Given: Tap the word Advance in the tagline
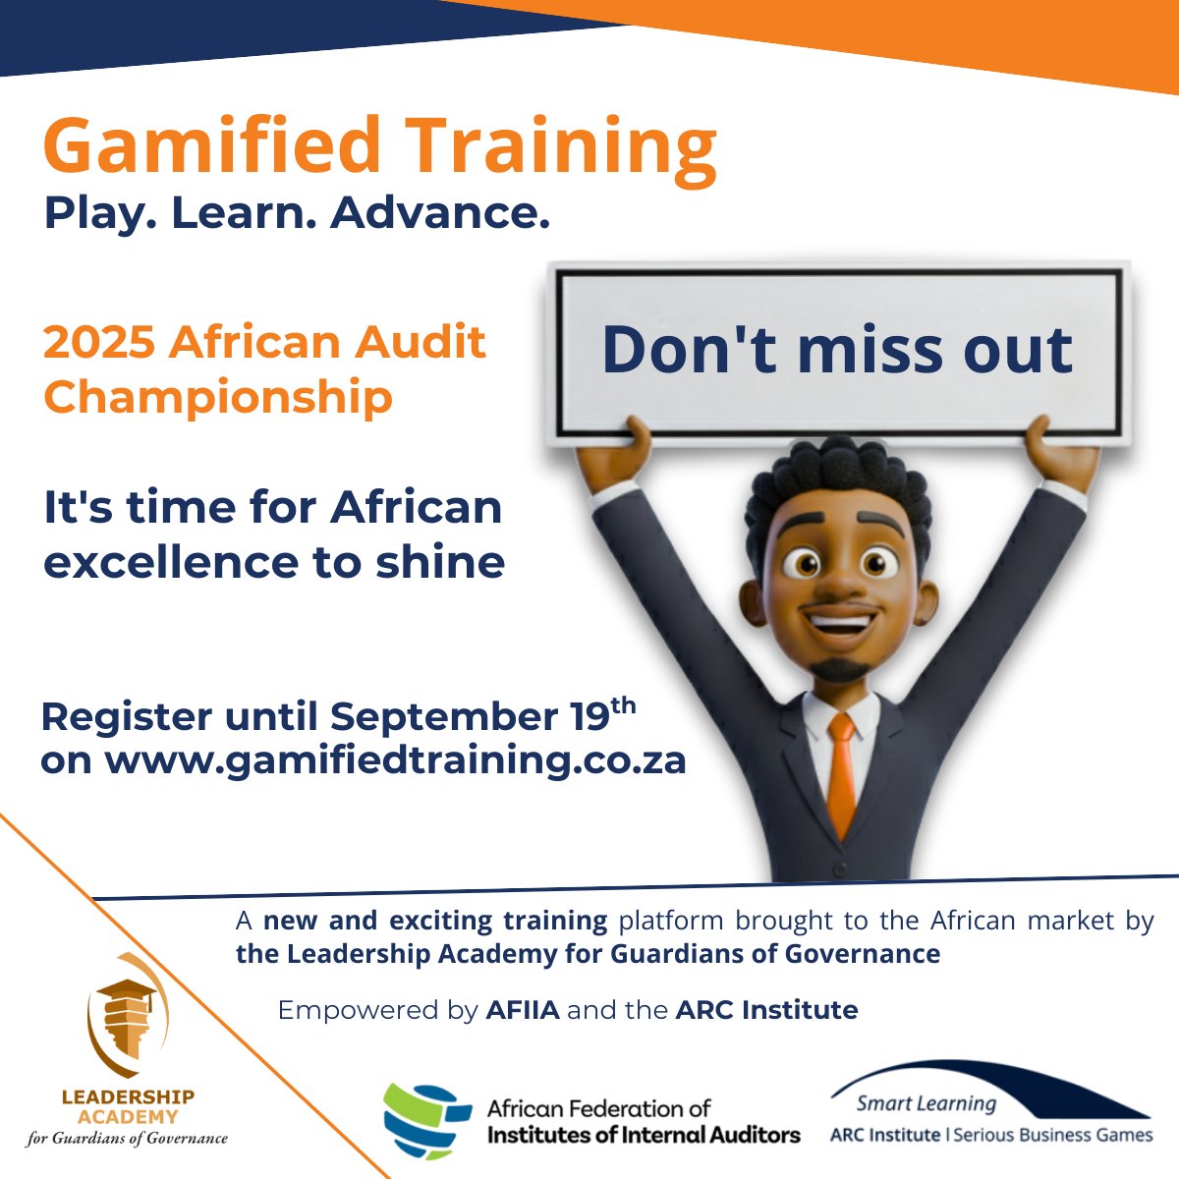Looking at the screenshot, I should point(438,213).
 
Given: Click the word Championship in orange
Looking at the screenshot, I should point(218,397).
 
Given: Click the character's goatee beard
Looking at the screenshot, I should point(841,668).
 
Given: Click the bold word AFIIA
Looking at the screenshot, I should point(523,1010).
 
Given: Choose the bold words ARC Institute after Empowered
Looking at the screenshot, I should point(766,1010).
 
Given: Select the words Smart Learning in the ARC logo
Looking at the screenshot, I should point(926,1104).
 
